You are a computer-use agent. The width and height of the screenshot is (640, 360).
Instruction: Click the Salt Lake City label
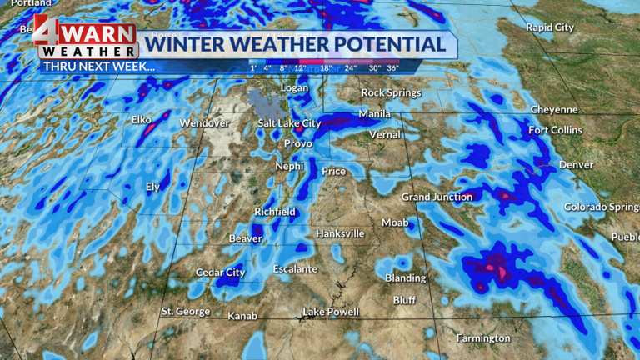[x=288, y=123]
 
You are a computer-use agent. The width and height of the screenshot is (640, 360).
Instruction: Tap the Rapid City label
[x=550, y=27]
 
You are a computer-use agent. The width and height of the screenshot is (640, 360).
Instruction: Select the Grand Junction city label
[x=437, y=197]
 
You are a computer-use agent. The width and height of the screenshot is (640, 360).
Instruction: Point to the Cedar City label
[x=220, y=272]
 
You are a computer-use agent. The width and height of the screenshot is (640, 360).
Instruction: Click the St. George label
[x=186, y=312]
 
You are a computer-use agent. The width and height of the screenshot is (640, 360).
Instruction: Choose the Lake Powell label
[x=331, y=312]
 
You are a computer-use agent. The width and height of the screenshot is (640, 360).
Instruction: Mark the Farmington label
[x=483, y=338]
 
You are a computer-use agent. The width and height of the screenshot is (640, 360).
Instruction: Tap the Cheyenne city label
[x=554, y=109]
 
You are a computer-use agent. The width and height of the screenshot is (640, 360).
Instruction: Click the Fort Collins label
[x=556, y=130]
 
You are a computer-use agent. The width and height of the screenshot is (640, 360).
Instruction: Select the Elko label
[x=141, y=119]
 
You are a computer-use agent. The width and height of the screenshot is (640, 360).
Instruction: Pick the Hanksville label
[x=340, y=233]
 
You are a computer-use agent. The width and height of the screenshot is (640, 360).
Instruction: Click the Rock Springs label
[x=391, y=92]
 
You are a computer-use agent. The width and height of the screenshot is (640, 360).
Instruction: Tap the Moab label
[x=395, y=222]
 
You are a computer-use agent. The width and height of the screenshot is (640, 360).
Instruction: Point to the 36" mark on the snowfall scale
[x=392, y=67]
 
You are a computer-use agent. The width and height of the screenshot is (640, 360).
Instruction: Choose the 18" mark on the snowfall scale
[x=326, y=67]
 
